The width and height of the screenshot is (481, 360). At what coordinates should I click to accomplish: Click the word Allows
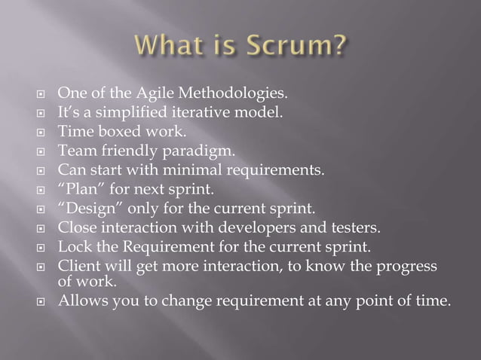pyautogui.click(x=81, y=303)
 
